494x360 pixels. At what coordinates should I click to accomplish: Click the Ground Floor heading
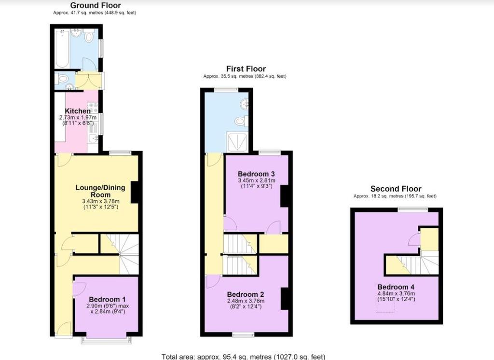click(x=95, y=5)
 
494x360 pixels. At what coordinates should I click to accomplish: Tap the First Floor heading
click(x=246, y=69)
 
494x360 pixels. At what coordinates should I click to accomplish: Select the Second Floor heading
click(x=396, y=189)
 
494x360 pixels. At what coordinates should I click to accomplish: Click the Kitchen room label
click(x=78, y=111)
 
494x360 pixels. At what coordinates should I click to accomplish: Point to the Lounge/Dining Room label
click(x=100, y=191)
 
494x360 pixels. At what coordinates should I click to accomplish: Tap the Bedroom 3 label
click(x=256, y=174)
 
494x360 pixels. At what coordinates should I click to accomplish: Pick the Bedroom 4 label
click(x=396, y=287)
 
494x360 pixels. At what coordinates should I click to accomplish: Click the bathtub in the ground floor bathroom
click(x=62, y=48)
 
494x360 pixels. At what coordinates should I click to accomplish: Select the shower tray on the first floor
click(x=237, y=142)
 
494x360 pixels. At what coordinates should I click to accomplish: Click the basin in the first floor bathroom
click(x=245, y=104)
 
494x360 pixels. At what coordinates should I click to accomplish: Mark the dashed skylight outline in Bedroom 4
click(x=384, y=305)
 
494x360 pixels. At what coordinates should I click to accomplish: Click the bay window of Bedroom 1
click(x=105, y=340)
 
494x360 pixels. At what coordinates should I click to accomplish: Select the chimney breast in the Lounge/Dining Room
click(x=135, y=192)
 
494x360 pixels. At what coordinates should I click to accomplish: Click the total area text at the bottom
click(x=243, y=357)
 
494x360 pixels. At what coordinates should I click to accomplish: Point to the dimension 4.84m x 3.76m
click(x=396, y=293)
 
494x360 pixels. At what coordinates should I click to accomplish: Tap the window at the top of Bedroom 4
click(x=413, y=209)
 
